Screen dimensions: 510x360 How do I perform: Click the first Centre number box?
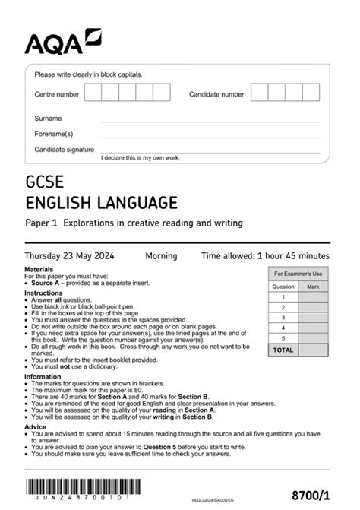click(x=93, y=93)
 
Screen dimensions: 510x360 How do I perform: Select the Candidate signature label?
click(x=65, y=150)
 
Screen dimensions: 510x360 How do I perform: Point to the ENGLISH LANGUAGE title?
click(x=102, y=203)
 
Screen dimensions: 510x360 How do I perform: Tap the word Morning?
click(x=161, y=255)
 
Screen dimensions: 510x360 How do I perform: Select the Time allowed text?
click(x=265, y=255)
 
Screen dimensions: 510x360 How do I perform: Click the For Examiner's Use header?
click(x=298, y=274)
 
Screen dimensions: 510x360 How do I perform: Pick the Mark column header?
click(x=313, y=287)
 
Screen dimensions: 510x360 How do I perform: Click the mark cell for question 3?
click(x=313, y=318)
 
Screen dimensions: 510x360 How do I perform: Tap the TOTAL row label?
click(x=283, y=350)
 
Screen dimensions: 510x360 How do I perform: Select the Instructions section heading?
click(x=43, y=293)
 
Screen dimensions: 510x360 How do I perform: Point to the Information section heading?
click(x=43, y=376)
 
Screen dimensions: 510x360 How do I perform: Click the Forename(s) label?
click(x=53, y=134)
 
